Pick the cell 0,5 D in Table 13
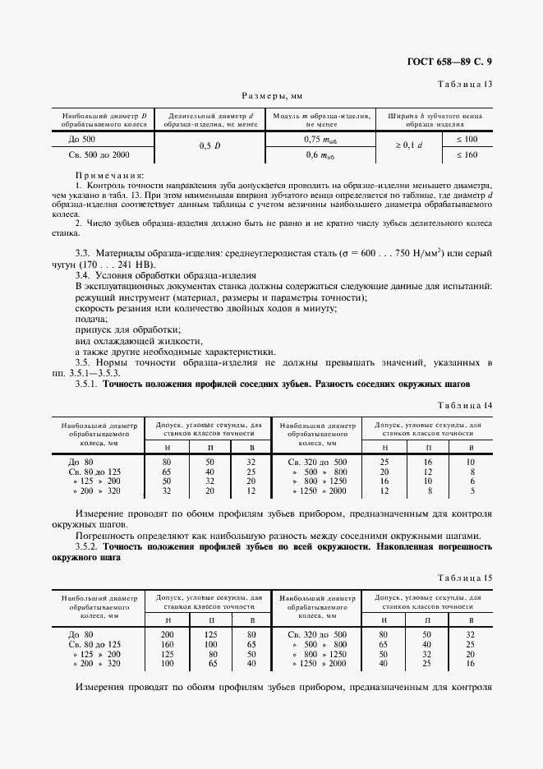(209, 146)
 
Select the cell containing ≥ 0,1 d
(408, 146)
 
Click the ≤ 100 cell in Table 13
(466, 140)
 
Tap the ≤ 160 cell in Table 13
(466, 154)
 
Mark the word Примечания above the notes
(109, 175)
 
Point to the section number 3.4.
(83, 275)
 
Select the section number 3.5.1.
(86, 384)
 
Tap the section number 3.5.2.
(86, 547)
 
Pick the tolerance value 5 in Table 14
(471, 491)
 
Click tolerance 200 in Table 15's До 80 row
(168, 634)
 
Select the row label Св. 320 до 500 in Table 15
(318, 634)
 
